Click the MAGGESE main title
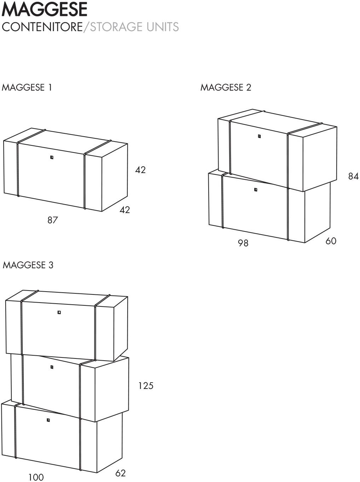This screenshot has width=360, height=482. click(45, 10)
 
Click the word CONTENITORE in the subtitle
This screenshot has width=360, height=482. click(42, 27)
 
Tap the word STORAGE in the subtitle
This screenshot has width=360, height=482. click(117, 27)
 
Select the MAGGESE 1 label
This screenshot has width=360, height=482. click(27, 87)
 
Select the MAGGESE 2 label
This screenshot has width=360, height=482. click(226, 87)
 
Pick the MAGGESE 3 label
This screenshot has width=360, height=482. click(28, 265)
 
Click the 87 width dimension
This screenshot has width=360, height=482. click(53, 220)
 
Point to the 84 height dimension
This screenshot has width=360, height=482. click(353, 176)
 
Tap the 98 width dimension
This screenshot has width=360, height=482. click(243, 243)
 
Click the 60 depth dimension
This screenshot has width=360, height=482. click(331, 241)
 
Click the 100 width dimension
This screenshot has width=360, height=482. click(36, 477)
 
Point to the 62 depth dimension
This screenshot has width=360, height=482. click(121, 473)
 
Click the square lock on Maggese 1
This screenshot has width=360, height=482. click(52, 157)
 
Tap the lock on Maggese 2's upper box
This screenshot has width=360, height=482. click(259, 136)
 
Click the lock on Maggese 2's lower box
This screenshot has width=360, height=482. click(256, 189)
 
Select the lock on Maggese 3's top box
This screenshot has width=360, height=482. click(59, 312)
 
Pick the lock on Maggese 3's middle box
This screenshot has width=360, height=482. click(52, 367)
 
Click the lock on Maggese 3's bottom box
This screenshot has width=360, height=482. click(48, 420)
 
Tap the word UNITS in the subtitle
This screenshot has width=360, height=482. click(163, 27)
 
